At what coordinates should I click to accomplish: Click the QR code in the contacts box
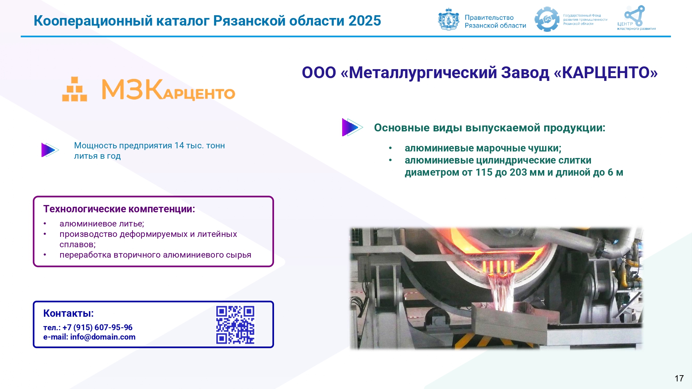(x=235, y=325)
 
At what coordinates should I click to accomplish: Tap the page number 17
(x=679, y=378)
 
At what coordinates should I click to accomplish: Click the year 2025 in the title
(x=365, y=21)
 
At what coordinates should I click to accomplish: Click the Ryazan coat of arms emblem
(x=448, y=19)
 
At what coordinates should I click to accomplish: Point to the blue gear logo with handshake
(x=547, y=19)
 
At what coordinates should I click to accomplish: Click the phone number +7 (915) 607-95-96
(x=98, y=327)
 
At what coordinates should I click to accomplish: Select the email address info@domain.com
(x=103, y=337)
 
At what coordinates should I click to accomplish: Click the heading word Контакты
(x=69, y=313)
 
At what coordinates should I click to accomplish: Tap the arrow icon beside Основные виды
(x=352, y=127)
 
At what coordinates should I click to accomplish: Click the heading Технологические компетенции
(x=119, y=209)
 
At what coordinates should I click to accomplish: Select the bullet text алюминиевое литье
(x=102, y=224)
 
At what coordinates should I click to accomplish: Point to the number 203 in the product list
(x=518, y=172)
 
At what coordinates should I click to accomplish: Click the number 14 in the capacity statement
(x=179, y=146)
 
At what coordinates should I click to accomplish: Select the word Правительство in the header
(x=489, y=18)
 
